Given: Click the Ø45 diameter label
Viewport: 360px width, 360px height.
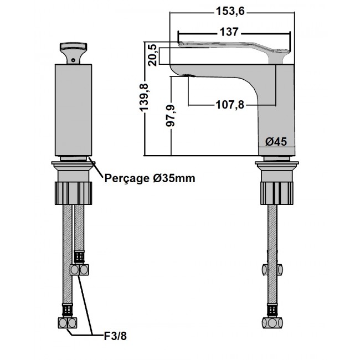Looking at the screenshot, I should tap(275, 142).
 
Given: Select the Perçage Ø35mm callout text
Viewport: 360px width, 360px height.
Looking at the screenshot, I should tap(150, 178).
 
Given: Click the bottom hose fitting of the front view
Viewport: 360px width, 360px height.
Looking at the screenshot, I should tap(69, 322).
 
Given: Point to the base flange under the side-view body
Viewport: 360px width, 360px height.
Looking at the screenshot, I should tap(276, 164).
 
